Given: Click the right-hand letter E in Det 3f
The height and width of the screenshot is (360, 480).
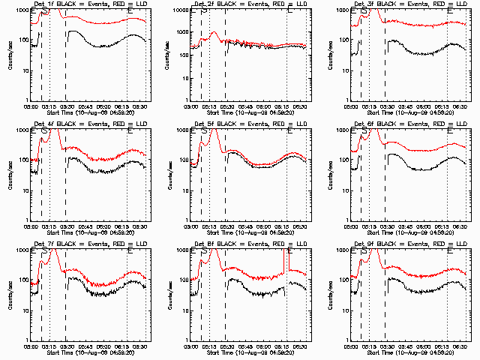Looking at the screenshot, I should (x=449, y=11).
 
